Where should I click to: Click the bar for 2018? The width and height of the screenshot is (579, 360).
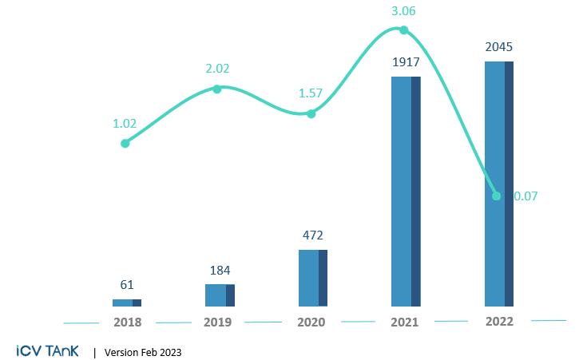click(126, 303)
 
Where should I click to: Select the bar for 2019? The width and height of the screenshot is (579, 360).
click(220, 295)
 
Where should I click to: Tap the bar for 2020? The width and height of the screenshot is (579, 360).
click(312, 278)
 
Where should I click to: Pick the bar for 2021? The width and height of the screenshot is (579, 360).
click(405, 192)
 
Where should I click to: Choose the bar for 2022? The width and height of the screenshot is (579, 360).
click(498, 184)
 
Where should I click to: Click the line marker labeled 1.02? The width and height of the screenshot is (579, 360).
click(125, 144)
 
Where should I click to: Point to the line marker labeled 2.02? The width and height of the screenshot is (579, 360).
click(216, 89)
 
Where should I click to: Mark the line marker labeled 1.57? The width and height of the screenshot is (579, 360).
click(311, 114)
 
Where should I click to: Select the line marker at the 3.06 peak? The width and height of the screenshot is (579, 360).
click(404, 30)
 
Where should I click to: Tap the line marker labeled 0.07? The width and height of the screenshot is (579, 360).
click(497, 196)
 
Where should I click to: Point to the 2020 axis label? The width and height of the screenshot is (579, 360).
click(311, 322)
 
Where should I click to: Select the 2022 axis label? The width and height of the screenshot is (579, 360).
click(498, 321)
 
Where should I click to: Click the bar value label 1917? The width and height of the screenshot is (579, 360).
click(406, 63)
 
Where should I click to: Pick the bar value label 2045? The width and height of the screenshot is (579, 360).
click(498, 46)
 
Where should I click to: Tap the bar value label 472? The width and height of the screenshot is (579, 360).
click(312, 235)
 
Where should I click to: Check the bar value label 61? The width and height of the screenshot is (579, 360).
click(126, 286)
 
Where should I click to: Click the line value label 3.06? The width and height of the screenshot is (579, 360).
click(404, 10)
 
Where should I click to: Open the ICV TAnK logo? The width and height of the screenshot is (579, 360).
click(47, 350)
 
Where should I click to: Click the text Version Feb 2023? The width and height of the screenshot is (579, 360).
click(143, 351)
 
